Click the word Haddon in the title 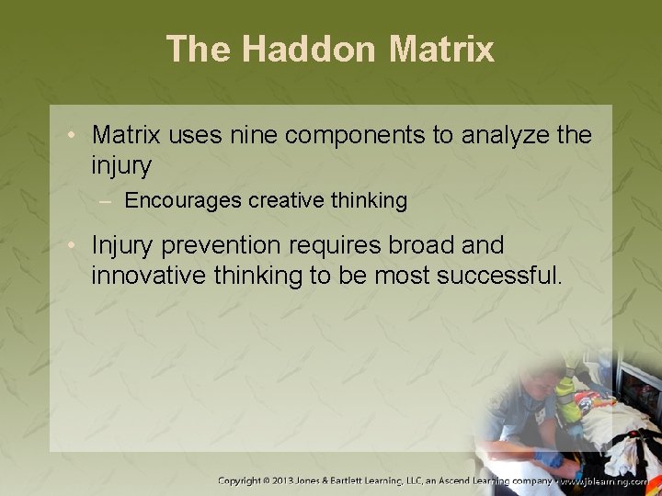coord(309,49)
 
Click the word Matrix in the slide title coord(441,49)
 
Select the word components coord(358,136)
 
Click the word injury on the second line coord(121,166)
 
